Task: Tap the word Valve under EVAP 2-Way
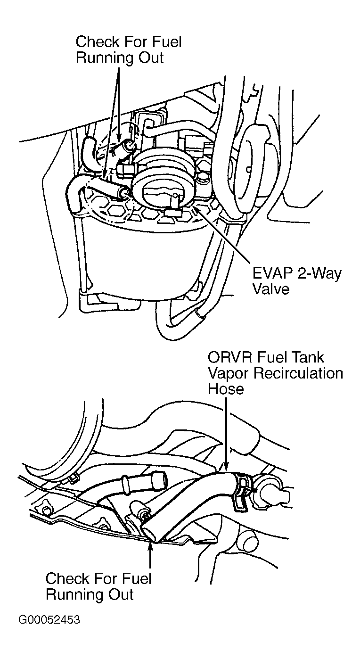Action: click(270, 288)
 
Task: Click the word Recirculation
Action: click(298, 373)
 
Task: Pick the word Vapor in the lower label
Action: click(229, 373)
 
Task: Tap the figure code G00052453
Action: click(49, 619)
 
